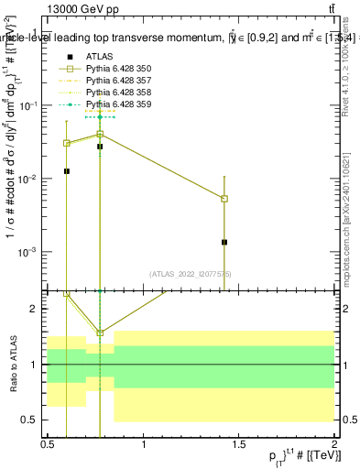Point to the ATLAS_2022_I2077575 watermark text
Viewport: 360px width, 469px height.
(189, 273)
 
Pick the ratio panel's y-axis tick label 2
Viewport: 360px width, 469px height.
(33, 309)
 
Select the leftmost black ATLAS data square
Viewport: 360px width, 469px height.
(67, 171)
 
